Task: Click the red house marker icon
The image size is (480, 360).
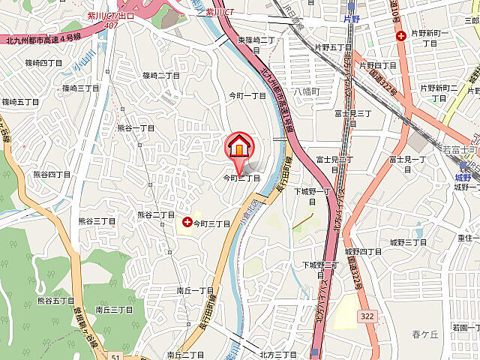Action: (239, 146)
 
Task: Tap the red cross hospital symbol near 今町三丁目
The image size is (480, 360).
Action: (187, 223)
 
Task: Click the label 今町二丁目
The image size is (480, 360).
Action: (241, 178)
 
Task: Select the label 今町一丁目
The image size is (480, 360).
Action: (247, 96)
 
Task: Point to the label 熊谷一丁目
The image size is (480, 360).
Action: (136, 128)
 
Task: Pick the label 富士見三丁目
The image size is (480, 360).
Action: (354, 113)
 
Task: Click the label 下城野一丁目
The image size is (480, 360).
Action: (312, 192)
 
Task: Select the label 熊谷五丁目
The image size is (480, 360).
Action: (55, 301)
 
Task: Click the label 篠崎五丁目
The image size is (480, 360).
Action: (19, 101)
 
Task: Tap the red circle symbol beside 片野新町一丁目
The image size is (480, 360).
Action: (402, 34)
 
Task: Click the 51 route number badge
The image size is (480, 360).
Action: (115, 356)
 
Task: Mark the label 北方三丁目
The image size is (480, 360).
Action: (278, 354)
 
